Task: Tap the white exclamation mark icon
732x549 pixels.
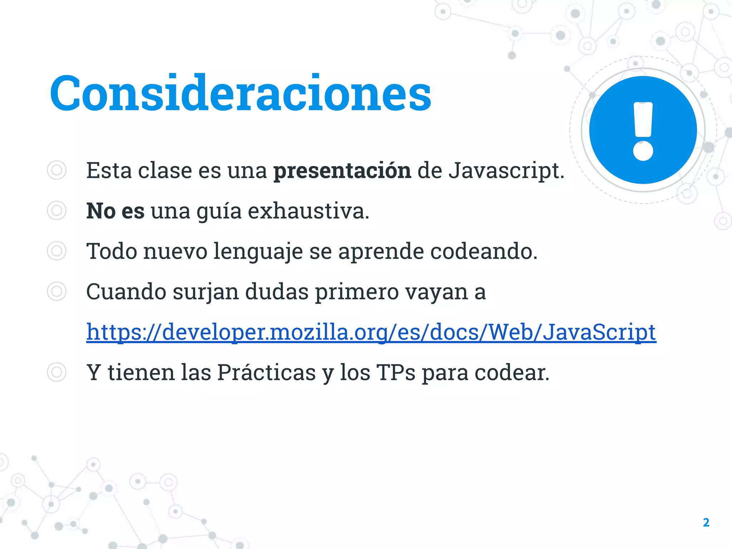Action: [643, 131]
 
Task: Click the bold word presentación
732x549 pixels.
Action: [342, 171]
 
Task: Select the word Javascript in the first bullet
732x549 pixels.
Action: [506, 171]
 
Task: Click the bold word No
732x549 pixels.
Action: [101, 211]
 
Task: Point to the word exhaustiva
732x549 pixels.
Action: [308, 211]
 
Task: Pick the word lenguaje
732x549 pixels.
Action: [258, 252]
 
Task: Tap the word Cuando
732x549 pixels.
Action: [126, 292]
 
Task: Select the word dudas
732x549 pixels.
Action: [277, 292]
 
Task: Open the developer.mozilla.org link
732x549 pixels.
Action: [371, 332]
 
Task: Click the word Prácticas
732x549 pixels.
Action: [267, 372]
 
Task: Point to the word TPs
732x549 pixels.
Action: [396, 372]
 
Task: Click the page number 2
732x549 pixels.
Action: [706, 523]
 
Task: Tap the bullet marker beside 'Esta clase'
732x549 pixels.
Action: [56, 170]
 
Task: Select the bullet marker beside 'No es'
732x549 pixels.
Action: [56, 211]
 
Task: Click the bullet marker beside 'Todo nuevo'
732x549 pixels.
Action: [56, 251]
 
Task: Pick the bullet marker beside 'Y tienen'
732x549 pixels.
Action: [56, 372]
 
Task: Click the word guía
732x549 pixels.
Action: [219, 212]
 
